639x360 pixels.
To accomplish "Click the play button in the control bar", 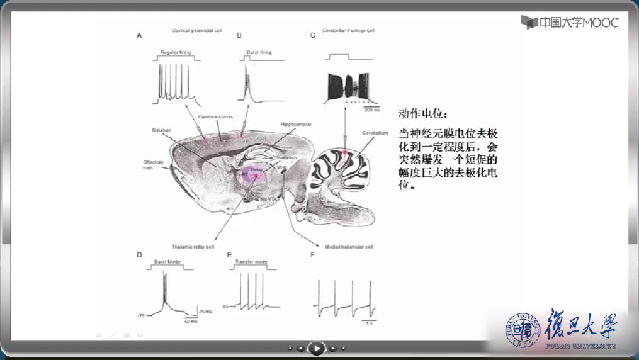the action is tap(316, 347).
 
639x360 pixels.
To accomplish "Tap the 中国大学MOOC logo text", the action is tap(570, 23).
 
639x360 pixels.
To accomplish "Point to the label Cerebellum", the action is tap(375, 133).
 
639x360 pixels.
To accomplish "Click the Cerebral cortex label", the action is tap(215, 117).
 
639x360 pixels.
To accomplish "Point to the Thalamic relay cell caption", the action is tap(193, 247).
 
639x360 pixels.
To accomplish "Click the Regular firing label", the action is tap(176, 53).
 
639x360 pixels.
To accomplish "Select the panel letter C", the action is tap(312, 36).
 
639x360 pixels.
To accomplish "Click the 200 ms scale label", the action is tap(372, 110).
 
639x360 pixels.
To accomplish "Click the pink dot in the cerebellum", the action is tap(345, 152).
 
